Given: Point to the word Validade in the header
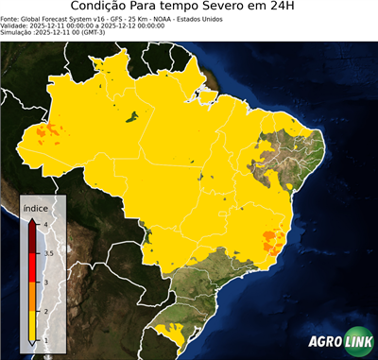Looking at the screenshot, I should click(15, 25).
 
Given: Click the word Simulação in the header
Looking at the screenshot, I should click(16, 32).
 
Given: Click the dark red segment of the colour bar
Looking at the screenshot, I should click(34, 239).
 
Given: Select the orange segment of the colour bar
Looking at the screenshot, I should click(34, 297).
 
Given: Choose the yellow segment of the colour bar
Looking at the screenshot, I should click(34, 325).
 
